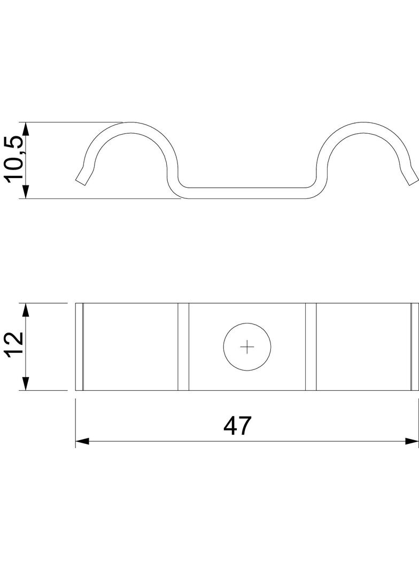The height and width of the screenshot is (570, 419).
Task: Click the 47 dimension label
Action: (238, 426)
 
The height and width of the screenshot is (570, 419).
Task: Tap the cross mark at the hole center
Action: (247, 347)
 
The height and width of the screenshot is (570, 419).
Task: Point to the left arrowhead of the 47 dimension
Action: (82, 441)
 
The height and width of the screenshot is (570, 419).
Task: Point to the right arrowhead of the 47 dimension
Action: (412, 441)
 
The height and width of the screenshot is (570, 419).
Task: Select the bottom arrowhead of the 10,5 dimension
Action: (25, 191)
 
